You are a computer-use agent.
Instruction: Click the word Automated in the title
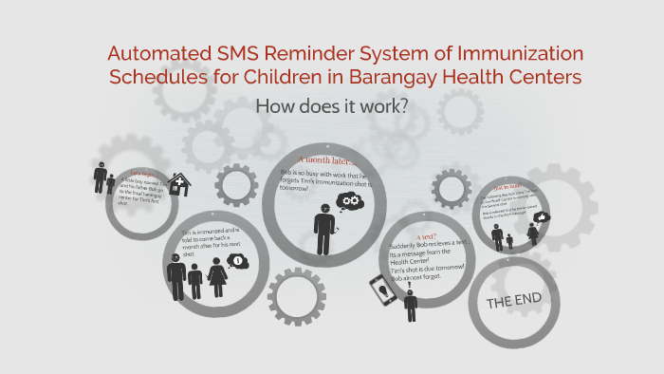[x=155, y=54]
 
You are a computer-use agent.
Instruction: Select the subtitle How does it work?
[x=332, y=105]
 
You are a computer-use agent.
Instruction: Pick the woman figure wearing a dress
[x=215, y=281]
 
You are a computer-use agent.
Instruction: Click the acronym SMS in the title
[x=234, y=54]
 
